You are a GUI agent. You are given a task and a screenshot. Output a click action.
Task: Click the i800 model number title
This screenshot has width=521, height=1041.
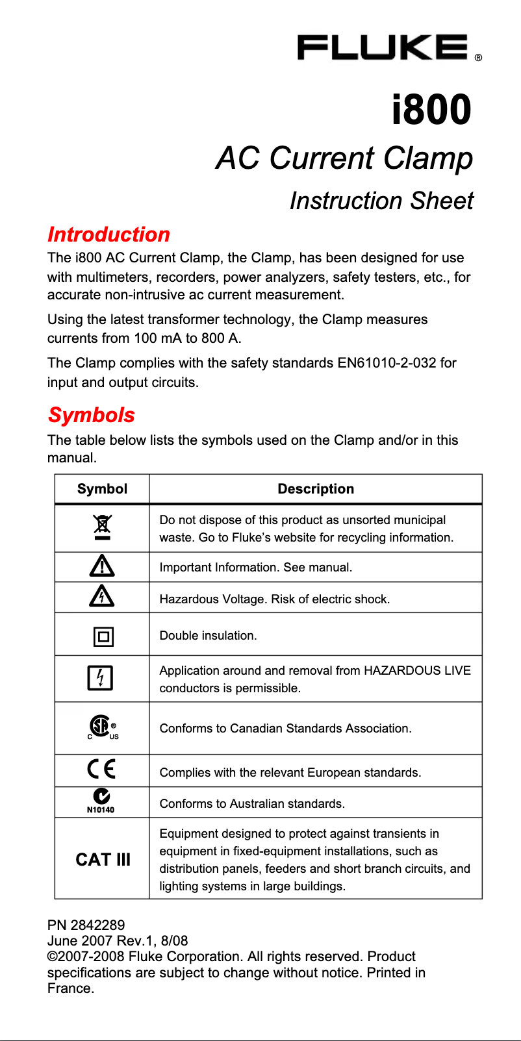point(431,109)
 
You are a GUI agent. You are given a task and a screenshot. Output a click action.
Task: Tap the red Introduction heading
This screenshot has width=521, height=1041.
point(108,234)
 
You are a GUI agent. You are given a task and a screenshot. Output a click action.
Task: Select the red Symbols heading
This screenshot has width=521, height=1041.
point(91,415)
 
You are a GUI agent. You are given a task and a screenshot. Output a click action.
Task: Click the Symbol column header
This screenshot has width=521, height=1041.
point(102,489)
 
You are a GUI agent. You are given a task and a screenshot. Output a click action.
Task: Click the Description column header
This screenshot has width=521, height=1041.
point(316,489)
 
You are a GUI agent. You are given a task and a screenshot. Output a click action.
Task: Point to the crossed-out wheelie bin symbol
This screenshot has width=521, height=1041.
point(102,527)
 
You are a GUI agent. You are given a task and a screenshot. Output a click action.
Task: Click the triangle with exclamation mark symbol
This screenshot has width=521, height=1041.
point(102,566)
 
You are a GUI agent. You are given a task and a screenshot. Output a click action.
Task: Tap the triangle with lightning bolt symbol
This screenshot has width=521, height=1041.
point(102,596)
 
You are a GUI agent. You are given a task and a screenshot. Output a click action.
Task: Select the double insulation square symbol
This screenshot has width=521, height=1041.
point(103,636)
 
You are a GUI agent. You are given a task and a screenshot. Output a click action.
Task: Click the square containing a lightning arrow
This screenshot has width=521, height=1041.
point(100,678)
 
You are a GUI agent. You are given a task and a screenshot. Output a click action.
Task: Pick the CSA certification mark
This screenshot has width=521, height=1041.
point(101,727)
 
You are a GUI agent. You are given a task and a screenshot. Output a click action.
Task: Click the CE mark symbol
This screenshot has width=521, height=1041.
point(101,769)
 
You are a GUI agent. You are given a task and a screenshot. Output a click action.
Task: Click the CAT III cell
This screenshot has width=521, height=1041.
point(103,859)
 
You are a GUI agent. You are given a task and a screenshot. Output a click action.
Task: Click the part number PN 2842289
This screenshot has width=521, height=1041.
point(86,925)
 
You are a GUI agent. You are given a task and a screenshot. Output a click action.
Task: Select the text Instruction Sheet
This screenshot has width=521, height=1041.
point(381,201)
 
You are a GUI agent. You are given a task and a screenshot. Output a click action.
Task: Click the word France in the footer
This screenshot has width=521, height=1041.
point(70,988)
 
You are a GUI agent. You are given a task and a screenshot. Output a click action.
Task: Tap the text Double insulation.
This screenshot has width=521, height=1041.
point(208,636)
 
